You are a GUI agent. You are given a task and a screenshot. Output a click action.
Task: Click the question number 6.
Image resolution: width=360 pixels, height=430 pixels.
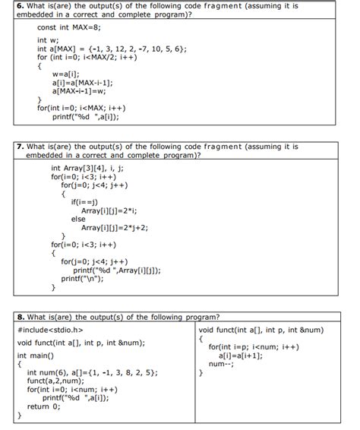coord(21,6)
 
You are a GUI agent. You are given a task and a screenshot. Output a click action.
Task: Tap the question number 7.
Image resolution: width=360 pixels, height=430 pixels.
coord(21,147)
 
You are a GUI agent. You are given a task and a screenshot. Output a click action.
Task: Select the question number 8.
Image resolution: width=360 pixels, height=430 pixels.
coord(21,316)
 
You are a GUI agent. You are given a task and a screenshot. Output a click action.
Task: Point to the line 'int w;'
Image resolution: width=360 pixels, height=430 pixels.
coord(48,40)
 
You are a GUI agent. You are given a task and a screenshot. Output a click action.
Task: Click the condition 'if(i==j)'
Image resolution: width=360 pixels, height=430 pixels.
coord(85,201)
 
